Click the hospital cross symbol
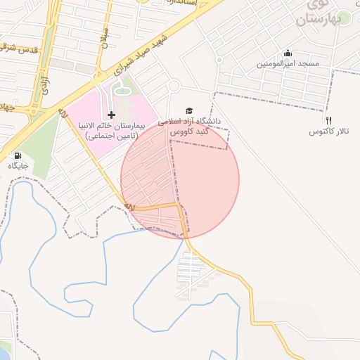point(111,114)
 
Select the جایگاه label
point(18,166)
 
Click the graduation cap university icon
point(188,110)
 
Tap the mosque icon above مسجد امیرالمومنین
point(288,53)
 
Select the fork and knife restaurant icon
point(328,120)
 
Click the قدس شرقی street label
point(20,49)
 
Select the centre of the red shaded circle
point(180,179)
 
